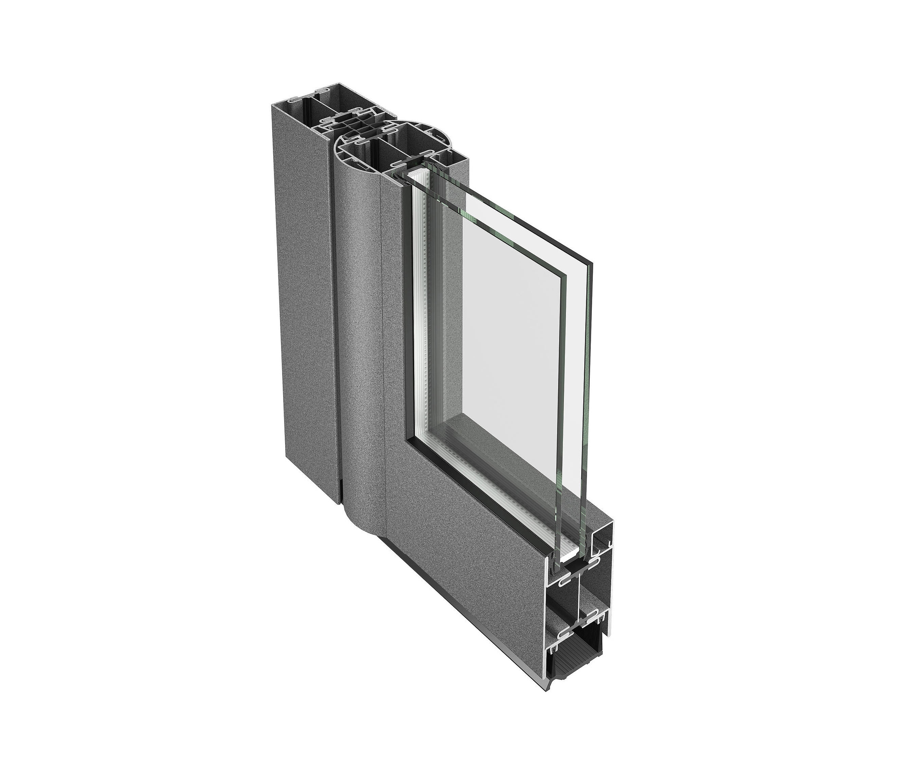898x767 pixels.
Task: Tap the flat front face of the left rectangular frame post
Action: coord(304,303)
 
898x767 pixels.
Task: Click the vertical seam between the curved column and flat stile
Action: coord(381,347)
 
